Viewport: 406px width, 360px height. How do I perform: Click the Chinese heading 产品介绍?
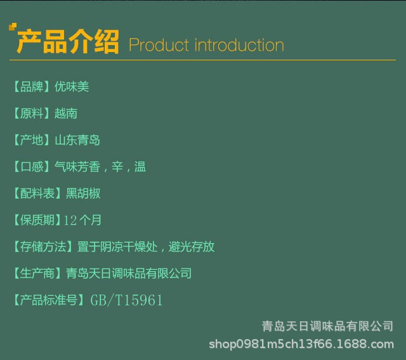point(68,41)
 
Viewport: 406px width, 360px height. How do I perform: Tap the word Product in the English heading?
point(159,45)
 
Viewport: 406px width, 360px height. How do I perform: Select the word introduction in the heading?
point(239,45)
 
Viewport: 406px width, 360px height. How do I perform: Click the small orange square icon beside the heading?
point(13,27)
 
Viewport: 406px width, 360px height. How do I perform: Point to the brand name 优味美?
point(72,86)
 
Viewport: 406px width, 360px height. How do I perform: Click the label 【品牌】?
point(32,86)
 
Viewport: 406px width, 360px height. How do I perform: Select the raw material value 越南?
point(66,113)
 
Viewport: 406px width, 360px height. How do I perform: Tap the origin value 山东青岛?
point(77,140)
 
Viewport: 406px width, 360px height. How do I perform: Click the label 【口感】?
point(32,166)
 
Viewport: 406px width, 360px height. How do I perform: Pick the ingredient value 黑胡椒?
point(83,194)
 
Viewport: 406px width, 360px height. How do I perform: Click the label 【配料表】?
point(37,194)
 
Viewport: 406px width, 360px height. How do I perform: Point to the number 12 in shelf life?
point(70,220)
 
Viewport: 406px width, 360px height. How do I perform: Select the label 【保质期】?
point(37,220)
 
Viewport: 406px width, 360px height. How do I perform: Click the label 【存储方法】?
point(43,246)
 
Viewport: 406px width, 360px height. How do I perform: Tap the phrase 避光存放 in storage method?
point(192,246)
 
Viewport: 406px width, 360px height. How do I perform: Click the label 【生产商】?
point(37,273)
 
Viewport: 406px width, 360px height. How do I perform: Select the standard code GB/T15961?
point(126,300)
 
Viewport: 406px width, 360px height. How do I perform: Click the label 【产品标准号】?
point(49,300)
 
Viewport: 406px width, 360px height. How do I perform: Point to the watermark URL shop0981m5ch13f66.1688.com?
point(301,344)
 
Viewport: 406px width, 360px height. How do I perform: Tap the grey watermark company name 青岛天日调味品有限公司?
point(327,326)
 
